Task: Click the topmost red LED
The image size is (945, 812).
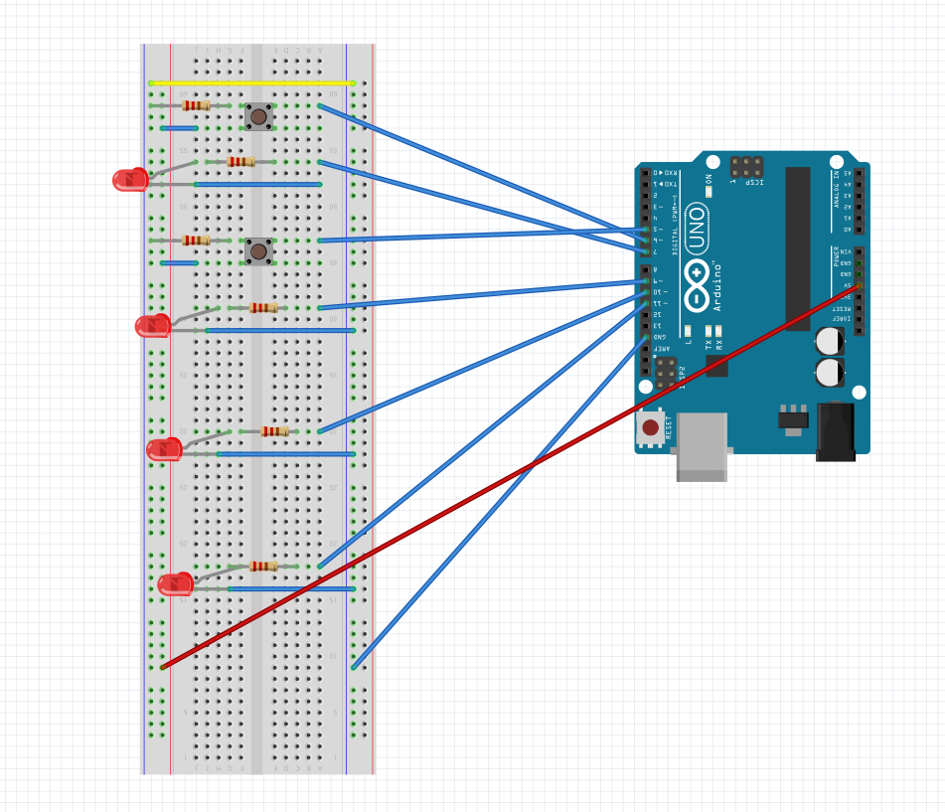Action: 130,180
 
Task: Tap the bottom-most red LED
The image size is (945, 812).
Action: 175,584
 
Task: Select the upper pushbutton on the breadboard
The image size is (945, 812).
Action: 258,116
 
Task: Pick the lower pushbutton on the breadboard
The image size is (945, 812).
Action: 258,251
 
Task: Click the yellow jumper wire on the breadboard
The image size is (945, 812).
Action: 250,83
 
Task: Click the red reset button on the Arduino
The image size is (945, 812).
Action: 650,427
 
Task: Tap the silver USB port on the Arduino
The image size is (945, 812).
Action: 701,447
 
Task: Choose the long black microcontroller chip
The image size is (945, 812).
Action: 797,248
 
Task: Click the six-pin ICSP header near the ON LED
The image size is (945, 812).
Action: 746,166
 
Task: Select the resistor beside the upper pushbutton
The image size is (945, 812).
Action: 196,105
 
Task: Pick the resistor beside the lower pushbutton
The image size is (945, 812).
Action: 196,241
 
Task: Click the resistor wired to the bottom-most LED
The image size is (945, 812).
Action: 263,567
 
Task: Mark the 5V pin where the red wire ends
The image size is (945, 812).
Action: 859,285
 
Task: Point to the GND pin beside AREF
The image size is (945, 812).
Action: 645,337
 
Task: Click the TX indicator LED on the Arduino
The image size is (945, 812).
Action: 708,330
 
